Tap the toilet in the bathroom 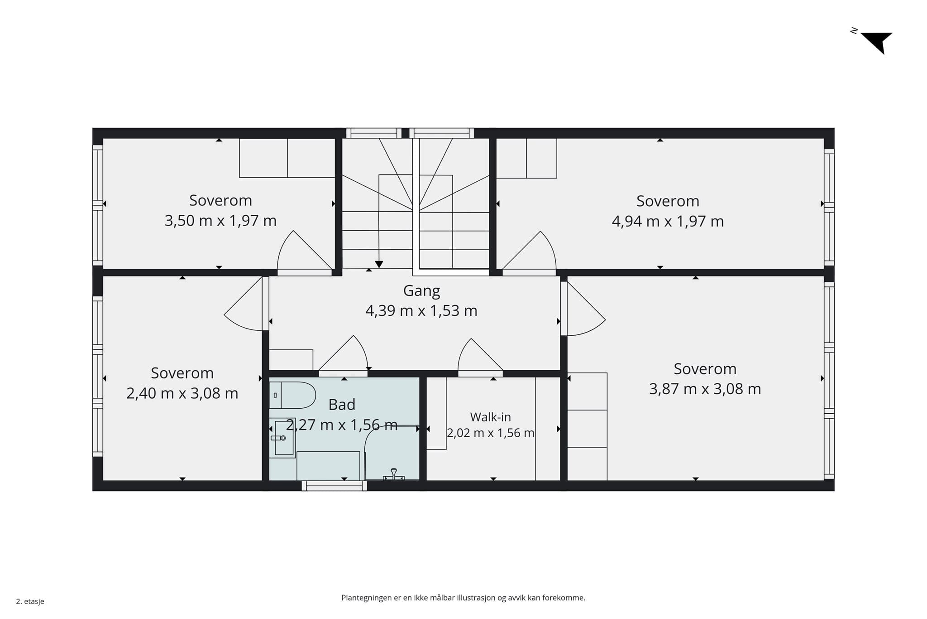[x=292, y=395]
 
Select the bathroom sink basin [x=283, y=438]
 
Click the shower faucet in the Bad [x=394, y=474]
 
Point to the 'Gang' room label [x=421, y=291]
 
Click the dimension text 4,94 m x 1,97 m [x=668, y=222]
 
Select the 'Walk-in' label [x=490, y=417]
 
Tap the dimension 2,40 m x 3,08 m [x=182, y=393]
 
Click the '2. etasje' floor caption [x=30, y=602]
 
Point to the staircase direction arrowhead [x=379, y=264]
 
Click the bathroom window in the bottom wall [x=334, y=486]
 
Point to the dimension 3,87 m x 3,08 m [x=705, y=389]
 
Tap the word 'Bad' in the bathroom [x=342, y=405]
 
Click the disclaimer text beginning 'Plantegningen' [x=463, y=598]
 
